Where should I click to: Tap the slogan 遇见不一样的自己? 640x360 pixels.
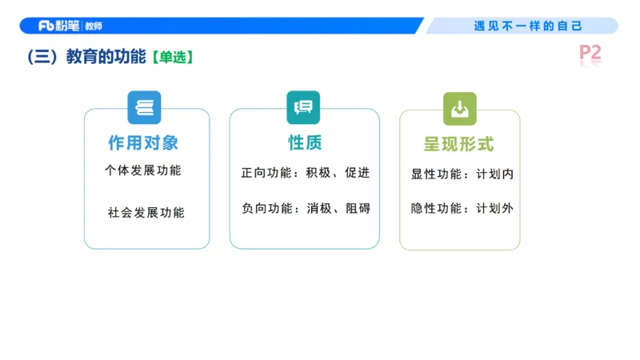pyautogui.click(x=528, y=26)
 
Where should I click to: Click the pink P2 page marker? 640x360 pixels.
pyautogui.click(x=590, y=54)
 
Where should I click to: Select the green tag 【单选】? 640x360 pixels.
pyautogui.click(x=172, y=58)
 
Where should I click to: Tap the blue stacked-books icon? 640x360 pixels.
pyautogui.click(x=144, y=108)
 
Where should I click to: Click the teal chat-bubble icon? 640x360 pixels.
pyautogui.click(x=303, y=108)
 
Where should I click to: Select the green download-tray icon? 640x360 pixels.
pyautogui.click(x=460, y=109)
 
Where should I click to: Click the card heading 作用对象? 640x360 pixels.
pyautogui.click(x=144, y=143)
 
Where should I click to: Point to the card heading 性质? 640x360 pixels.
pyautogui.click(x=305, y=143)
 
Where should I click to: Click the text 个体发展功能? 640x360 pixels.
pyautogui.click(x=143, y=170)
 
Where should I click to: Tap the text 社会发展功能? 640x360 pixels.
pyautogui.click(x=146, y=213)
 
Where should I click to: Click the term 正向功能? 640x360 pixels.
pyautogui.click(x=266, y=173)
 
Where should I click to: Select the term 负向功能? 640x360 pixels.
pyautogui.click(x=266, y=208)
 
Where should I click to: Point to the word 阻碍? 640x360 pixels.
pyautogui.click(x=358, y=208)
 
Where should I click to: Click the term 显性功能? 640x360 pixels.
pyautogui.click(x=436, y=173)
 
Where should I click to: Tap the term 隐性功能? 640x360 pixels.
pyautogui.click(x=436, y=208)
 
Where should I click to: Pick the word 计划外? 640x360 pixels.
pyautogui.click(x=494, y=208)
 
